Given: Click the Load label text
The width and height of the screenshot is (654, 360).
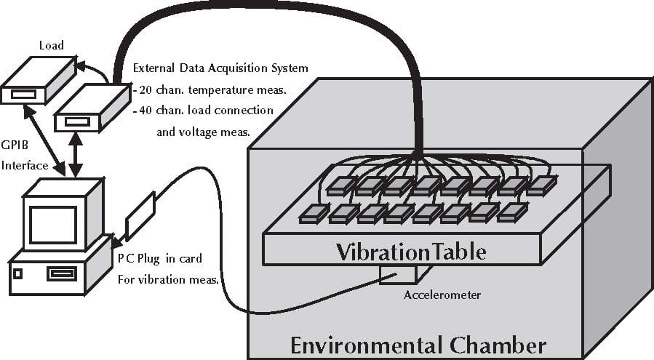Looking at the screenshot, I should pos(50,46).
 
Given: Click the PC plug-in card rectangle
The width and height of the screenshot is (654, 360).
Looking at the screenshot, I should pos(140,216).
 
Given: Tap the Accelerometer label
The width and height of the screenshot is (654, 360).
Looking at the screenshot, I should pos(442,295).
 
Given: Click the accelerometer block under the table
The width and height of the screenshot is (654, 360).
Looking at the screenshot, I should pos(397,273).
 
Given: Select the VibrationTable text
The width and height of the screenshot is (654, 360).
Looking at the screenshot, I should pos(410,252).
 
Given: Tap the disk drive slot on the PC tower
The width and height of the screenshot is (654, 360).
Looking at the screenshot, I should pos(60,274).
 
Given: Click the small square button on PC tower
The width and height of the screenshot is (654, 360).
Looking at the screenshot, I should pos(18,274).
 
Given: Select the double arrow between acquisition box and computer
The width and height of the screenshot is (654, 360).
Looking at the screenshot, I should pos(73,153).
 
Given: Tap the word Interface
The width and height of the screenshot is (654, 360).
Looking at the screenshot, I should pos(25,165).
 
